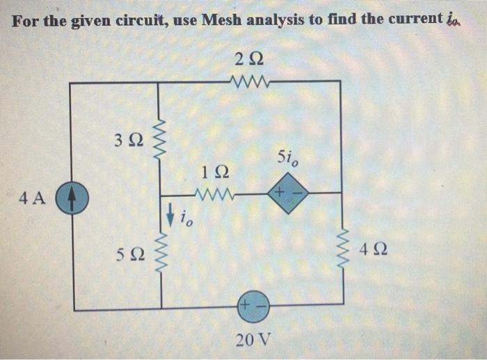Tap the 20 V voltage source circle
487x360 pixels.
[253, 306]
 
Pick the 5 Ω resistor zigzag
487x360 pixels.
[161, 251]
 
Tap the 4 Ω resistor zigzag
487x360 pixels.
[341, 250]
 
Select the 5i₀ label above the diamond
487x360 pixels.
[287, 159]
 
